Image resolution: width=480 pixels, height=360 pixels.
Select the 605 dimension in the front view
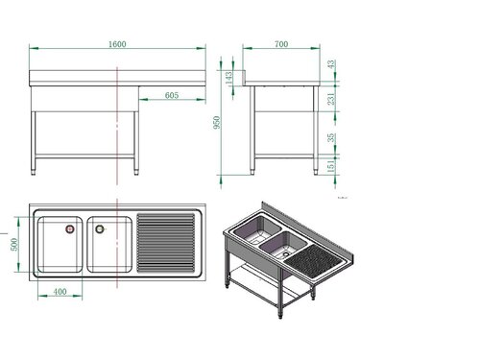coord(172,94)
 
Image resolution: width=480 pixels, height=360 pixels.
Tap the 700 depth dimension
coord(280,43)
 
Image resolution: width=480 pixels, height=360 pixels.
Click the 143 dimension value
coord(228,77)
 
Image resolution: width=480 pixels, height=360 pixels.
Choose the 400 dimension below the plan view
coord(60,292)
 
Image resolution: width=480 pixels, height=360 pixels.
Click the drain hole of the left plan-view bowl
coord(69,229)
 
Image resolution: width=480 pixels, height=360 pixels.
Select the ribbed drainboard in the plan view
coord(168,244)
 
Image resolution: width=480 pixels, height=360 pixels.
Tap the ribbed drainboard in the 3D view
coord(318,256)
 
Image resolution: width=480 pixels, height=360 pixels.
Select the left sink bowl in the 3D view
coord(252,233)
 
